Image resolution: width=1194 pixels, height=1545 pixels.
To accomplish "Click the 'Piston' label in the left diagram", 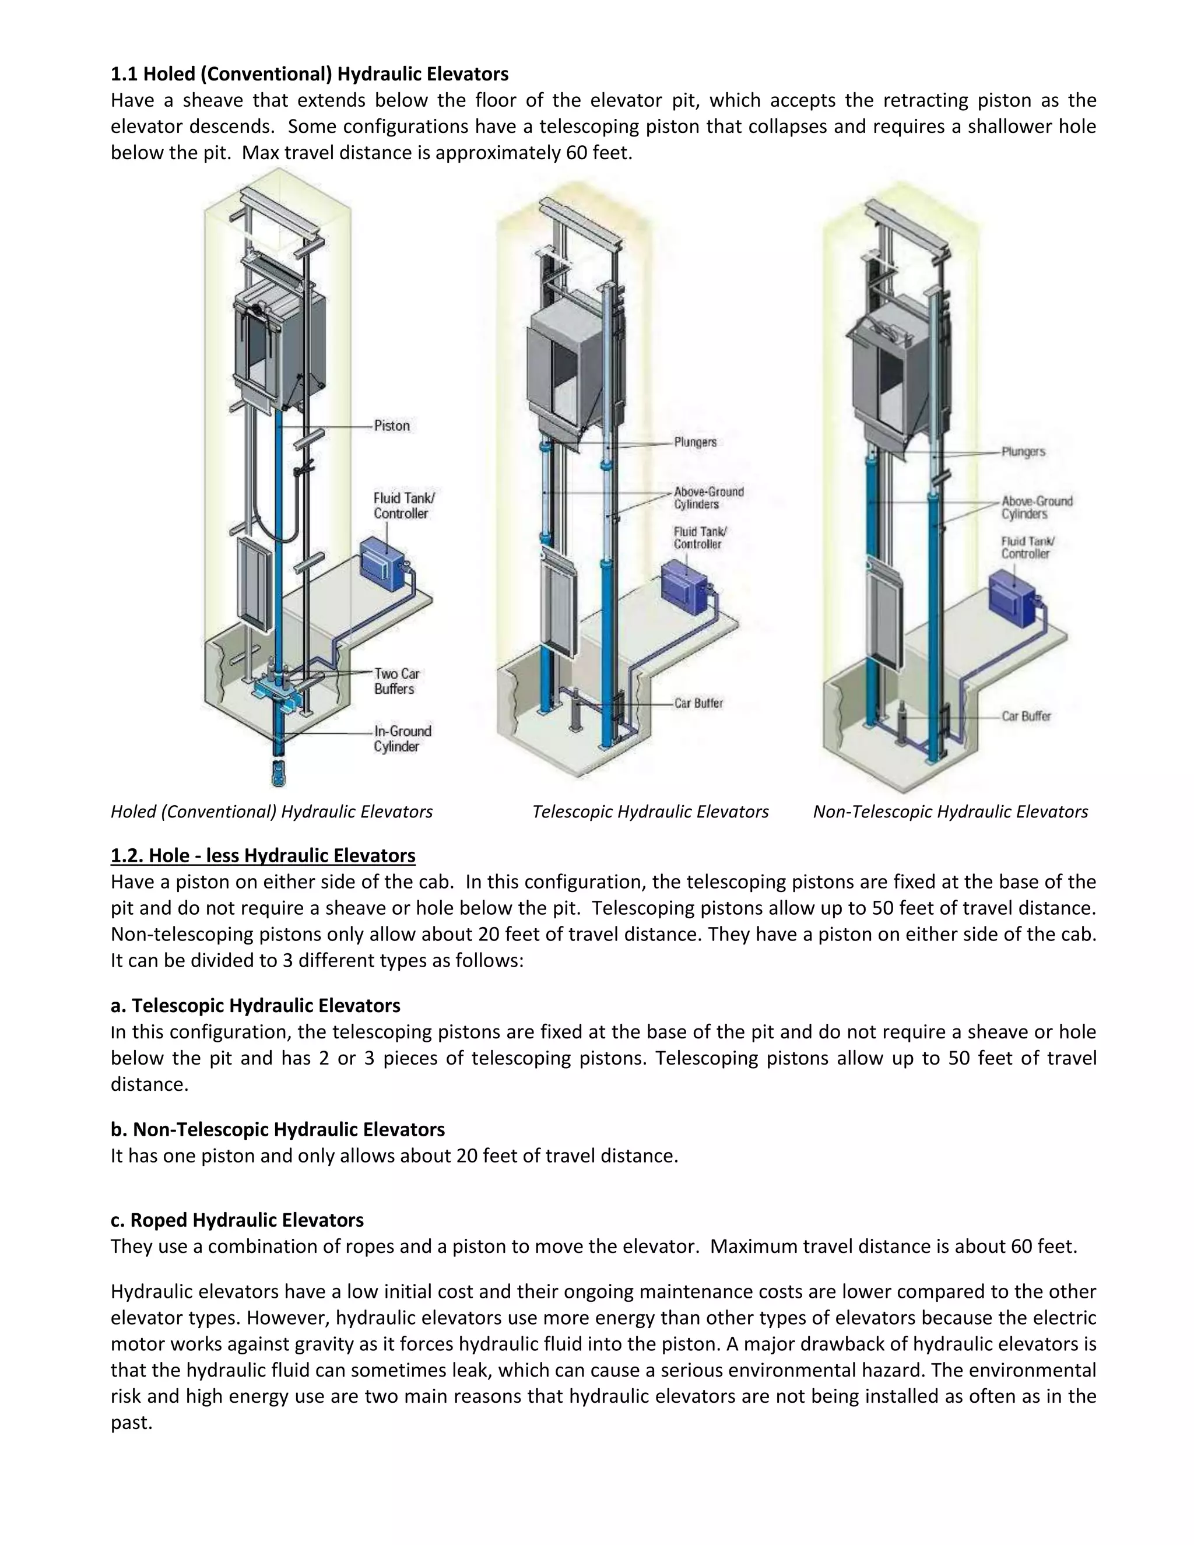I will (391, 426).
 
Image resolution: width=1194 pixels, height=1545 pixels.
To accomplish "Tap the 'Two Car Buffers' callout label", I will (397, 681).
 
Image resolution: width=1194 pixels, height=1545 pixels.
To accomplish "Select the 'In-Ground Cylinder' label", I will (402, 739).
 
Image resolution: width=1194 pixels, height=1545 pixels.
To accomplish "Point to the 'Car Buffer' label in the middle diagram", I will (698, 703).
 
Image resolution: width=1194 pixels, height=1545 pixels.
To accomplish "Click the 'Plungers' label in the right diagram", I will (1023, 451).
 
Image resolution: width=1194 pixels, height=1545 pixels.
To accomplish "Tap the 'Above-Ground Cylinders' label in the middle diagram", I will (708, 498).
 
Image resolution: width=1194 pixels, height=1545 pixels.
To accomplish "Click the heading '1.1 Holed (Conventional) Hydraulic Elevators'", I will (309, 73).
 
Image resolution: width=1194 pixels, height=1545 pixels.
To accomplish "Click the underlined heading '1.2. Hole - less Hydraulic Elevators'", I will (262, 855).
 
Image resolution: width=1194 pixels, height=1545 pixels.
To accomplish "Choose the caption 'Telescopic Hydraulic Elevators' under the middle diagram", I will (650, 812).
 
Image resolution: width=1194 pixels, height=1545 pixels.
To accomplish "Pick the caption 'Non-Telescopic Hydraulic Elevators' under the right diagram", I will (950, 812).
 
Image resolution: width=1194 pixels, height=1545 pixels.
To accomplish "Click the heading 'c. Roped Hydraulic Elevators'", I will (237, 1220).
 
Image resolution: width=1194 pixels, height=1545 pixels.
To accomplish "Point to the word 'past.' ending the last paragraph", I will (132, 1422).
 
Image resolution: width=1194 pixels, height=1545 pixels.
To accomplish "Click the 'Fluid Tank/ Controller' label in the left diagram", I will (404, 506).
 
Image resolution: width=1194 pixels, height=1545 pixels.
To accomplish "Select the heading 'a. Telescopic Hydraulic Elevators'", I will (255, 1005).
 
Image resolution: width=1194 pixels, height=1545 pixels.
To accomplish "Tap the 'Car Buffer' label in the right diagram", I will (1026, 716).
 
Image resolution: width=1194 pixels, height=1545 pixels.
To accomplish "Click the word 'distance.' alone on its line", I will (149, 1084).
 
